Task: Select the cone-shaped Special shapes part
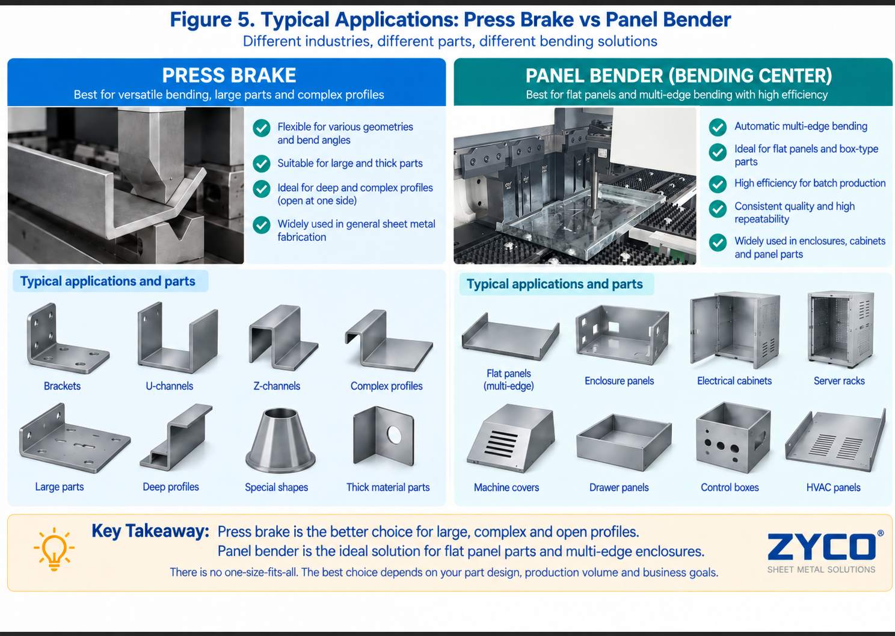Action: (x=280, y=440)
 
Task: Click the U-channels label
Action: (x=170, y=386)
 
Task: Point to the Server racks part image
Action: (x=840, y=329)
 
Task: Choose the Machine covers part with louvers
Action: (x=510, y=439)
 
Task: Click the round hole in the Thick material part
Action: (x=394, y=435)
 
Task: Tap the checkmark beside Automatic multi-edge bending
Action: (x=718, y=127)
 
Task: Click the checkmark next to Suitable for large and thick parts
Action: (x=261, y=164)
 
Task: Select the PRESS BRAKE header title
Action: (x=229, y=75)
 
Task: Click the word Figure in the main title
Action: (x=200, y=20)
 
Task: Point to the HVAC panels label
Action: (x=833, y=487)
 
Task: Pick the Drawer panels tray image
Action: (x=624, y=442)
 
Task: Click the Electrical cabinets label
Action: (x=734, y=380)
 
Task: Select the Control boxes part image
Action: (x=733, y=438)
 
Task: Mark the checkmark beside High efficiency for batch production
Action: (x=718, y=184)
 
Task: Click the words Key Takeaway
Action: (x=150, y=531)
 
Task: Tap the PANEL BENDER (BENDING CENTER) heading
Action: (x=678, y=76)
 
